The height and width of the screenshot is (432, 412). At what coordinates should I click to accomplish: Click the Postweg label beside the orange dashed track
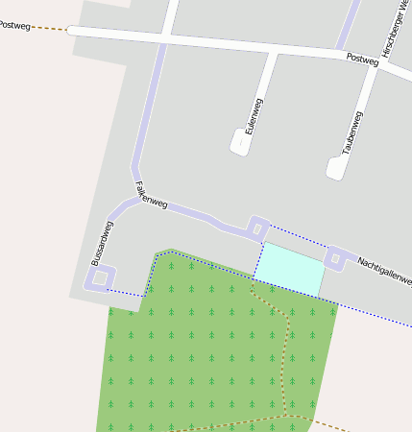(x=16, y=22)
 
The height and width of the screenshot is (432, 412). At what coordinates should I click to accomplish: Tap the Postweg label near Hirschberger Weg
(x=363, y=59)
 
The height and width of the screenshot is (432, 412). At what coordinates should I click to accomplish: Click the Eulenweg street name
(x=254, y=114)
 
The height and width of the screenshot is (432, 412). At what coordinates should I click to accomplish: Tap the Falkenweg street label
(x=152, y=196)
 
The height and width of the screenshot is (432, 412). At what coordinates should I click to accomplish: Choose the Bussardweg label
(x=102, y=243)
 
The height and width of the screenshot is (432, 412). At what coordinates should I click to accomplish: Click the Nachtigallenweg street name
(x=384, y=271)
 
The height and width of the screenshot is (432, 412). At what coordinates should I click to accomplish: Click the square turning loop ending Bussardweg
(x=99, y=277)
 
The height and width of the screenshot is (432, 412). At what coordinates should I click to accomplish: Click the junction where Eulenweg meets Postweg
(x=275, y=49)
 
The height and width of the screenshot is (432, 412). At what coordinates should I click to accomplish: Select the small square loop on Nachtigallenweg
(x=335, y=257)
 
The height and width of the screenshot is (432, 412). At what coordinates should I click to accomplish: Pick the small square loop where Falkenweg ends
(x=256, y=228)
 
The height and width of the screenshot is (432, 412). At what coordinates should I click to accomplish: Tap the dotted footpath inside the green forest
(x=285, y=355)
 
